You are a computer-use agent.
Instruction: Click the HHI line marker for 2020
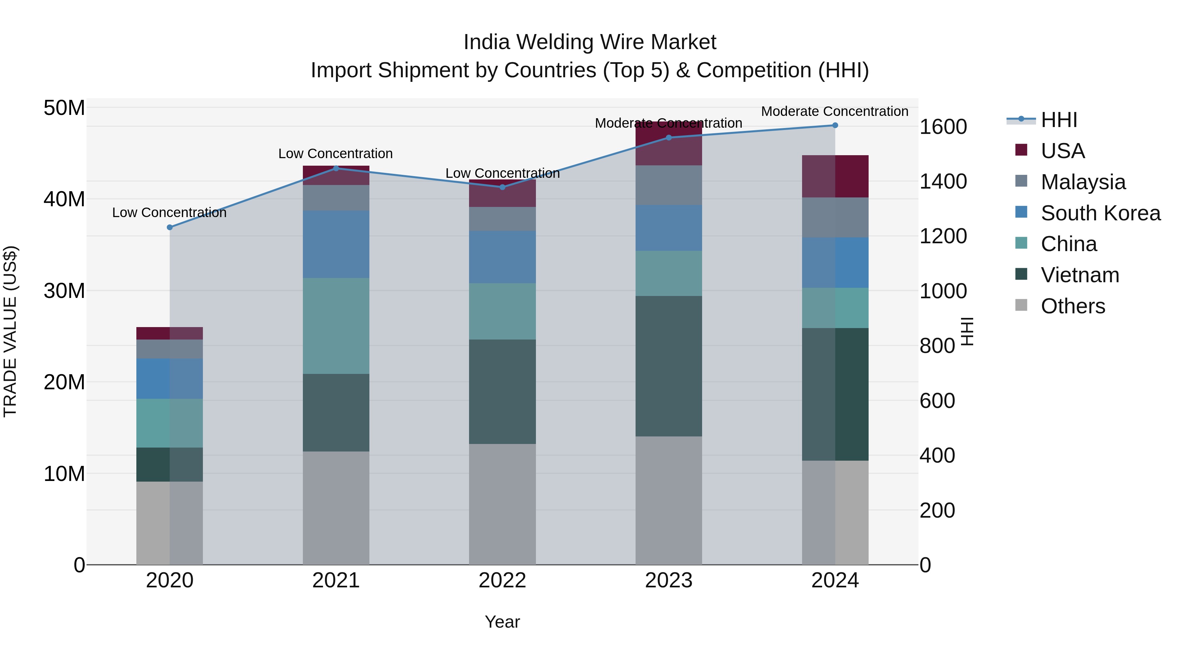169,228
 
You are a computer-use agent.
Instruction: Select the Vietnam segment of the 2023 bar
668,366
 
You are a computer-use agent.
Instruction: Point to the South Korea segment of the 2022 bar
502,257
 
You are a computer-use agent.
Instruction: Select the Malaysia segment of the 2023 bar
668,185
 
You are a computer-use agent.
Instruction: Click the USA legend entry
1062,151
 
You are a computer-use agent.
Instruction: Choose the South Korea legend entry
1100,213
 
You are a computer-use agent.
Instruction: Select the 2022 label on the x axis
502,580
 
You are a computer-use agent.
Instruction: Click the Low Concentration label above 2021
335,154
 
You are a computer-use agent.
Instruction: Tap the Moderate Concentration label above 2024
834,111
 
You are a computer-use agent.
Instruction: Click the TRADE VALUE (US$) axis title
10,331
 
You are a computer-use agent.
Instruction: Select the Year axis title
502,622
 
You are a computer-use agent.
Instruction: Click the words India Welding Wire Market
590,42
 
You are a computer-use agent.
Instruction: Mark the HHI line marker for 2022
502,187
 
